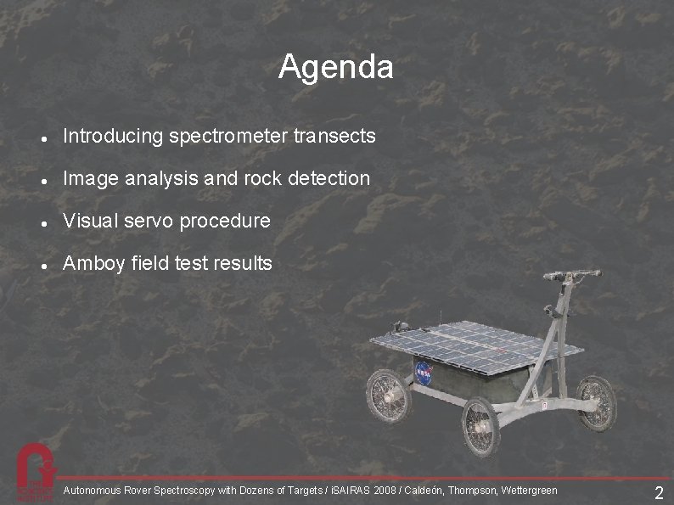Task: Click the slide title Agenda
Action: [336, 67]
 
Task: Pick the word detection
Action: [329, 178]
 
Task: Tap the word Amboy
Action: [93, 263]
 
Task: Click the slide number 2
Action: [659, 493]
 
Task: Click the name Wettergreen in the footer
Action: [530, 491]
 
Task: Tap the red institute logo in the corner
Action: [36, 471]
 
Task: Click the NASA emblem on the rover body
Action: [424, 372]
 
